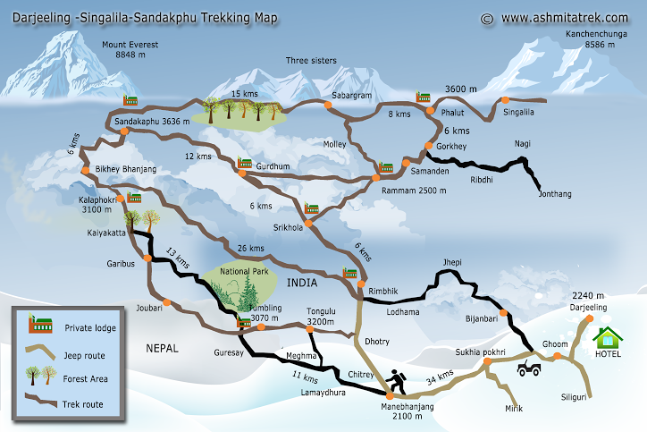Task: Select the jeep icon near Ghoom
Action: [529, 367]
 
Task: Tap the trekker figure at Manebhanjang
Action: [395, 383]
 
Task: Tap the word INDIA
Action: [303, 284]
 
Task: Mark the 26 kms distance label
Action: [251, 248]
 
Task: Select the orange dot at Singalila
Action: [505, 100]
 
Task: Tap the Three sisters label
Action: [311, 61]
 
